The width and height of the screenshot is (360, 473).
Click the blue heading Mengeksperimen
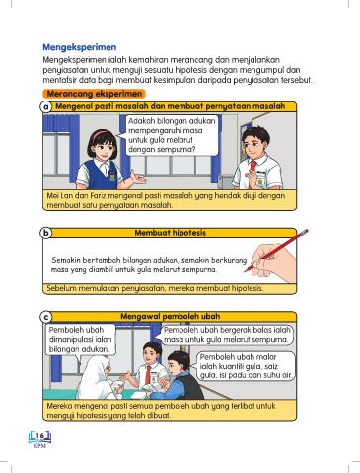[x=80, y=47]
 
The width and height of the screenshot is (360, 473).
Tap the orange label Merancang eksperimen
[x=95, y=94]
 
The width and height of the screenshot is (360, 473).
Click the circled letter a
[x=46, y=107]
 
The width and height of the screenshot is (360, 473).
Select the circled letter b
[x=46, y=233]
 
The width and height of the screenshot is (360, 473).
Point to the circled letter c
[x=46, y=317]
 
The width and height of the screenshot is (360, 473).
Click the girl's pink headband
[x=100, y=134]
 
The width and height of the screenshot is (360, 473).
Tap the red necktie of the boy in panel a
[x=252, y=170]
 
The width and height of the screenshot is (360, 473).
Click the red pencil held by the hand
[x=276, y=250]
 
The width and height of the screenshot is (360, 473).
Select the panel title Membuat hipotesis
[x=171, y=233]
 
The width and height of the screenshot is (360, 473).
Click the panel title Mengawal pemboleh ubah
[x=171, y=317]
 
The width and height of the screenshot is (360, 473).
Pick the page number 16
[x=40, y=436]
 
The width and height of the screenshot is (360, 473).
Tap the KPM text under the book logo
[x=40, y=446]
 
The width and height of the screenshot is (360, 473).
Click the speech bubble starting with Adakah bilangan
[x=171, y=135]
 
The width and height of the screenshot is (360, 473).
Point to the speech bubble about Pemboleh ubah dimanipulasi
[x=81, y=340]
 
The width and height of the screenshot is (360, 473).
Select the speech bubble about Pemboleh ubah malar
[x=246, y=366]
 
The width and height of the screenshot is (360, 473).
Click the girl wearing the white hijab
[x=99, y=376]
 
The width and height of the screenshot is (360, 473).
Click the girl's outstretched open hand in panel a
[x=138, y=178]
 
